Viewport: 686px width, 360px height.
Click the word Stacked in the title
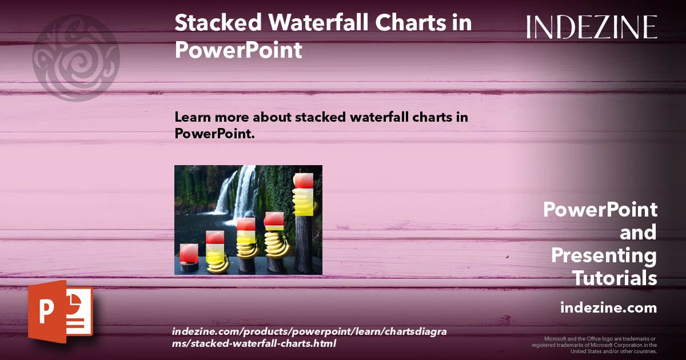coord(218,22)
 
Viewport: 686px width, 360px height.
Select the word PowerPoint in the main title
coord(238,50)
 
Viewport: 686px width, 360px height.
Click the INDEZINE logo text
coord(592,27)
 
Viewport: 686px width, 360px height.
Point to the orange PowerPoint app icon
coord(61,311)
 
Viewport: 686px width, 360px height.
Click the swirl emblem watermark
coord(76,58)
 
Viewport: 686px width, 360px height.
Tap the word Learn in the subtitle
coord(193,117)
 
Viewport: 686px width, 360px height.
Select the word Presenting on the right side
coord(604,255)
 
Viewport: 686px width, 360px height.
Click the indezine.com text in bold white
coord(608,307)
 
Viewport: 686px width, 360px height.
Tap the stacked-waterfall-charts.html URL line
coord(254,343)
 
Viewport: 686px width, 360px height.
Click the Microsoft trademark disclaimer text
coord(594,345)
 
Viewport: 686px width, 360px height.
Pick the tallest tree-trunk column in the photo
coord(304,245)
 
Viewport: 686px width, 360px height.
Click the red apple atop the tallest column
coord(304,181)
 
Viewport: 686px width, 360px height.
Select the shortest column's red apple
coord(189,253)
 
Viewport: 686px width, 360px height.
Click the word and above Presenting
coord(638,233)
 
